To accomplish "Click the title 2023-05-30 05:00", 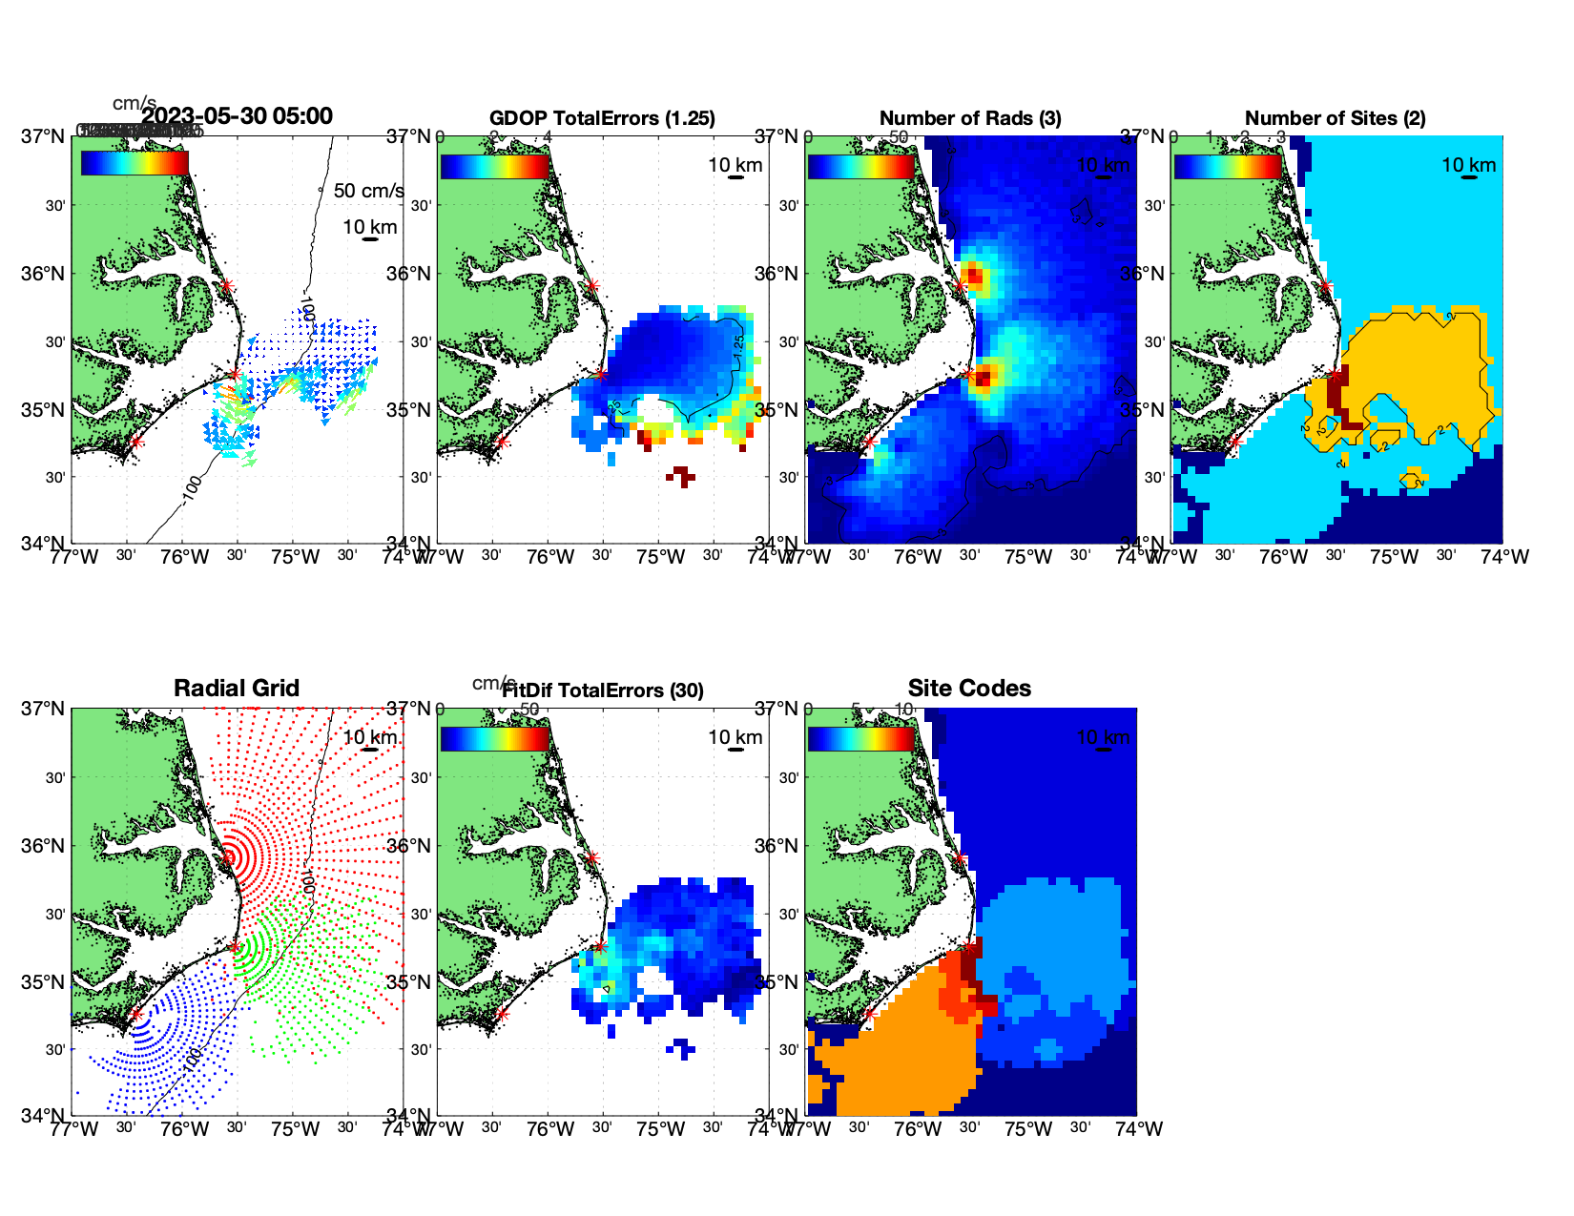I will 238,116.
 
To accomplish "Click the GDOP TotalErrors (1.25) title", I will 602,118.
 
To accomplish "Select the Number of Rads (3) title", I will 970,118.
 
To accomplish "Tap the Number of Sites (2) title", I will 1335,118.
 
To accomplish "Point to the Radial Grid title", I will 237,689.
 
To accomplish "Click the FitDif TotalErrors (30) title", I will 603,690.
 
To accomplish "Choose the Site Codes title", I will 969,689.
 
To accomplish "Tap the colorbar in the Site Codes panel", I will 861,739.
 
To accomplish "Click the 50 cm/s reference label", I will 368,191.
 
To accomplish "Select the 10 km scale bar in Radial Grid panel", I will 370,750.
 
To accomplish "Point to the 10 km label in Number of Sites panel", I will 1468,165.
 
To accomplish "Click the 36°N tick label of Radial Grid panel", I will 45,846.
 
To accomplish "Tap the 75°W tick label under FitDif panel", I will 660,1129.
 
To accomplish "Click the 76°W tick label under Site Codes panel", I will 918,1129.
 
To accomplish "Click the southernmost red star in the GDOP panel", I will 502,442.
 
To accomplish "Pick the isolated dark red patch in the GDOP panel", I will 681,475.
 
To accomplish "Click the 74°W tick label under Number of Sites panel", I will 1504,557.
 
